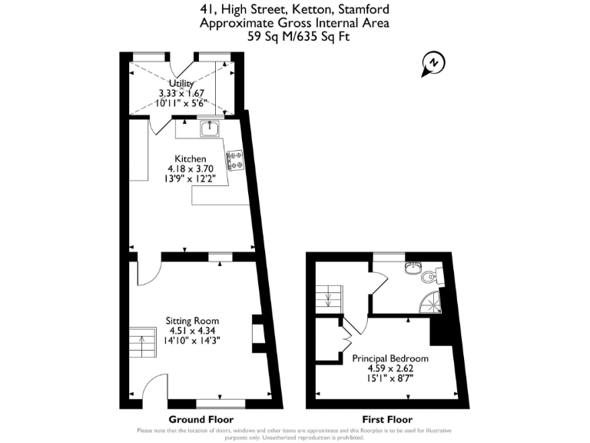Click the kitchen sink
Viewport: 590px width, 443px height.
(210, 128)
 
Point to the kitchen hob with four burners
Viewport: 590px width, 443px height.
(235, 159)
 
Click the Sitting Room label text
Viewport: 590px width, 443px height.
(192, 321)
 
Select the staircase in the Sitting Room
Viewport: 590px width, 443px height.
(142, 345)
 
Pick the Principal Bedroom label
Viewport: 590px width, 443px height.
(390, 358)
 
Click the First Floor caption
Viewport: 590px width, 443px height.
(388, 419)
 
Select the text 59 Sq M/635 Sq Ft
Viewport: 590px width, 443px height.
(294, 35)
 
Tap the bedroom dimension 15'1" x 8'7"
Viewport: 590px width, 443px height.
(390, 378)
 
